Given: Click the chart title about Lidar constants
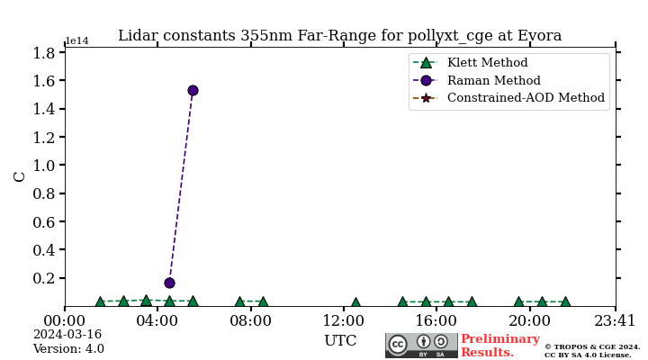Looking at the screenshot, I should pyautogui.click(x=339, y=36).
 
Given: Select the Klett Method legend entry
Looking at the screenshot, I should pyautogui.click(x=487, y=63).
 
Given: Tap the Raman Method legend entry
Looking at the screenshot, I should pyautogui.click(x=493, y=80).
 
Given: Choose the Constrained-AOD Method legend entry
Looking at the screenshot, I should pyautogui.click(x=526, y=97).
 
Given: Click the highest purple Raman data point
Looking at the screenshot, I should pyautogui.click(x=193, y=90).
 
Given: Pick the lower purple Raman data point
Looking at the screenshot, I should pyautogui.click(x=169, y=283).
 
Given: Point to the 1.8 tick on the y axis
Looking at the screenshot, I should pyautogui.click(x=43, y=53).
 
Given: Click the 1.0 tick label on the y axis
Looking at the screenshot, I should pyautogui.click(x=43, y=166).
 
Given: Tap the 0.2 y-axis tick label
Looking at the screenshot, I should pyautogui.click(x=43, y=278).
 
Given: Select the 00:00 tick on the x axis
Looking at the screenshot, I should pyautogui.click(x=65, y=319).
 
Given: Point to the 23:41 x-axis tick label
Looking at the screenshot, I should pyautogui.click(x=616, y=319).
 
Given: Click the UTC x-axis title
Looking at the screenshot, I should pyautogui.click(x=340, y=341).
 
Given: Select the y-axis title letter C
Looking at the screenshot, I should pyautogui.click(x=20, y=176).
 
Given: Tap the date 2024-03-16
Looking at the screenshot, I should pyautogui.click(x=67, y=335).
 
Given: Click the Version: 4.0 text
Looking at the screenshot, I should pyautogui.click(x=68, y=349).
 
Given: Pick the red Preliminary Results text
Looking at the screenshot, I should pyautogui.click(x=499, y=346).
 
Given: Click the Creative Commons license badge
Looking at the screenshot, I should pyautogui.click(x=421, y=346).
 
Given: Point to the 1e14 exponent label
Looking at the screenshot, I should pyautogui.click(x=77, y=41).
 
